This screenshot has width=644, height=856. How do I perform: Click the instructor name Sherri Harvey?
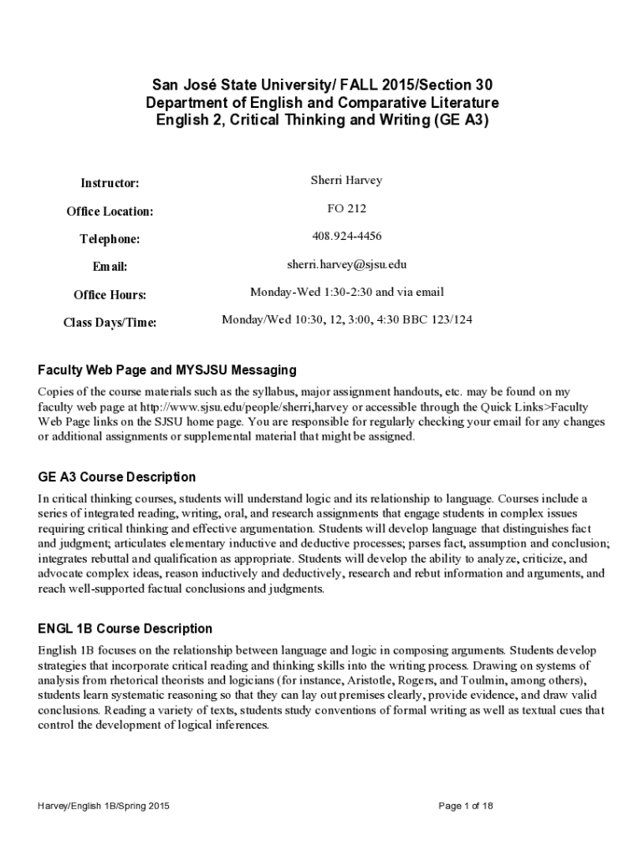346,181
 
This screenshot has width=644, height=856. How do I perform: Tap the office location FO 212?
346,208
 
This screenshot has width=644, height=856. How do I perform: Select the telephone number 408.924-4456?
346,237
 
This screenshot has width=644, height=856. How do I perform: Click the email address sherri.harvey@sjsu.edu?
346,264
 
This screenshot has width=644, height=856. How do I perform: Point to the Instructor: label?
110,183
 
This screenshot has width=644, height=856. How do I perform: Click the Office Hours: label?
110,295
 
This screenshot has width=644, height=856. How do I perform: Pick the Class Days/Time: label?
110,323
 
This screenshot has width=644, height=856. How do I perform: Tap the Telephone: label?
110,239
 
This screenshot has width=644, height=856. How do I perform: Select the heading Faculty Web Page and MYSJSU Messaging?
167,369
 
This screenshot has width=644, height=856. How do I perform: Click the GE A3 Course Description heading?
117,477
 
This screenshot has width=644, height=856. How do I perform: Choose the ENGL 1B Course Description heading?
125,629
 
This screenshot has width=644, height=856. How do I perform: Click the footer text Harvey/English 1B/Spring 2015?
104,806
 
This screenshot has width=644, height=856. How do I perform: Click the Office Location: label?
110,211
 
